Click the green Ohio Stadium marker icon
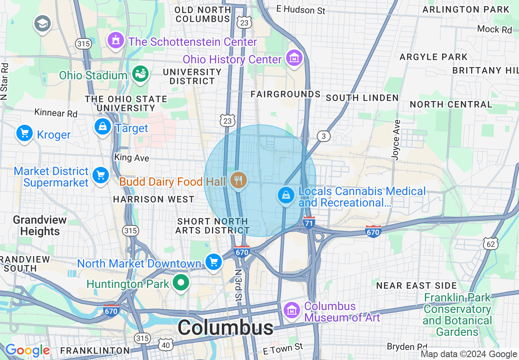(x=140, y=74)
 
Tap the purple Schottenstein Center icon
(x=116, y=40)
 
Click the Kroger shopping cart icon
(x=24, y=133)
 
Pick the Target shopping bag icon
(x=103, y=127)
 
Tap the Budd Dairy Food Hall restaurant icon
(x=238, y=180)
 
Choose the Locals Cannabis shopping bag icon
(x=286, y=196)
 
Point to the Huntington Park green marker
(x=180, y=283)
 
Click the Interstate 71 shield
(x=309, y=222)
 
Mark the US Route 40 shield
(x=166, y=345)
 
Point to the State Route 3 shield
(x=324, y=136)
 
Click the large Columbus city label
(x=226, y=328)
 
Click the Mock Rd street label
(x=494, y=29)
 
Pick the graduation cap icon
(x=42, y=24)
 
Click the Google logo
(x=27, y=350)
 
